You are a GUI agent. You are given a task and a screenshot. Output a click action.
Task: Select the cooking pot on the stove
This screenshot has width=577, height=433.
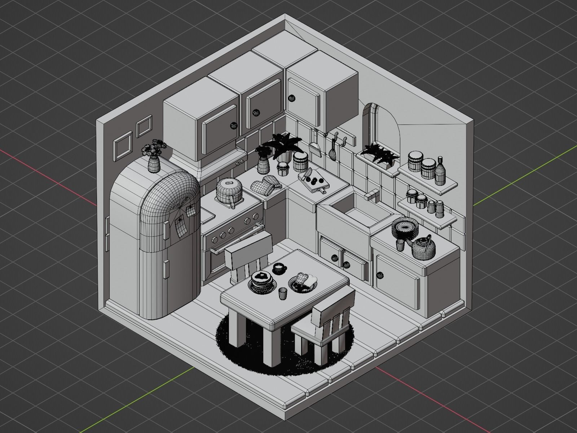228,191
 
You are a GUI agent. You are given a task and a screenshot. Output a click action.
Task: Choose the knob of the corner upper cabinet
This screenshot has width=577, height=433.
291,97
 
